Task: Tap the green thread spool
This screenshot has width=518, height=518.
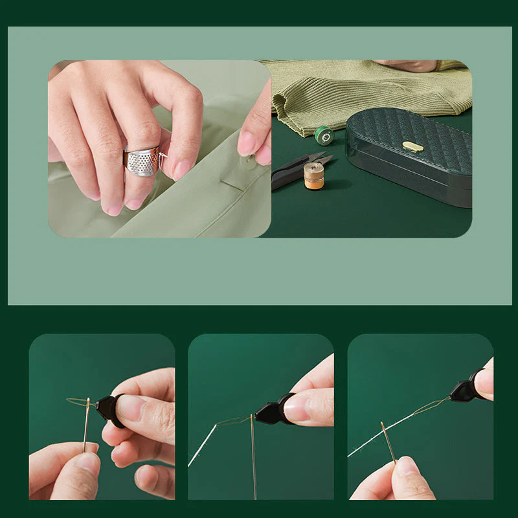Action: coord(324,135)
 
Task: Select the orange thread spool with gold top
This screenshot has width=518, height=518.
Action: coord(314,175)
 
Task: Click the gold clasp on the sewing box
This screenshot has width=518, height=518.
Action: coord(412,147)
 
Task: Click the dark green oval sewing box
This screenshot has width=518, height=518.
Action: coord(414,162)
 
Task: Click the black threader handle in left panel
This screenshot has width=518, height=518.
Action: coord(108,409)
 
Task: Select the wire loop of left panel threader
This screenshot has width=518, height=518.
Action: coord(79,402)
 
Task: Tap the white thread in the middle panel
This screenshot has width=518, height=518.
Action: coord(202,447)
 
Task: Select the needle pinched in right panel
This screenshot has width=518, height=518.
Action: coord(388,443)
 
